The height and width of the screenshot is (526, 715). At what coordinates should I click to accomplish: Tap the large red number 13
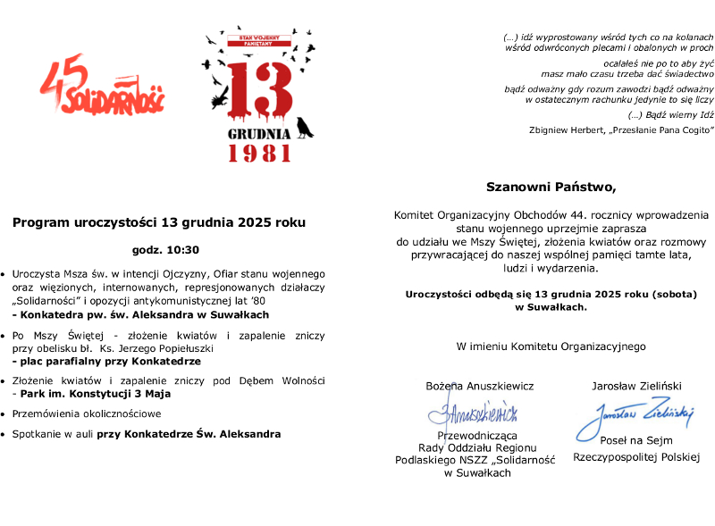259,89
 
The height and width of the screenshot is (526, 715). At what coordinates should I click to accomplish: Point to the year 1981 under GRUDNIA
259,154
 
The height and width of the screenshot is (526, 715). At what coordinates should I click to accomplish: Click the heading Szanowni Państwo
551,188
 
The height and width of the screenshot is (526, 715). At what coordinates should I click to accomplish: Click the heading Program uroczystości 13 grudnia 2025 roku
159,221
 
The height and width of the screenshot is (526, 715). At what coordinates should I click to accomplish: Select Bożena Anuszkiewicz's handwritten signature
474,413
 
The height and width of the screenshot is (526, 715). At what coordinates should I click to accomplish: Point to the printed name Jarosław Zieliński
636,386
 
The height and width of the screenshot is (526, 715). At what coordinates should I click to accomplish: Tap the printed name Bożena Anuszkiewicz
480,386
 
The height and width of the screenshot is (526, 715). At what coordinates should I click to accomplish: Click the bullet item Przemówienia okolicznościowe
87,413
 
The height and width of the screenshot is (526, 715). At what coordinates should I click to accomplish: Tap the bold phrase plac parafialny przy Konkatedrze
105,362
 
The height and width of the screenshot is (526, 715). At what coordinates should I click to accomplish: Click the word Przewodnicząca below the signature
476,435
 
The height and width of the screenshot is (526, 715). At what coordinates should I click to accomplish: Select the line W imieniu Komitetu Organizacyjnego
551,346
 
